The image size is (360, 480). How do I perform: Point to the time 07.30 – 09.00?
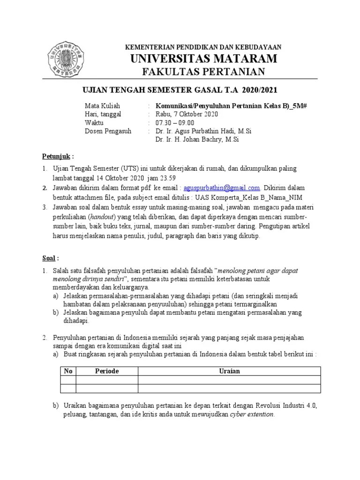(174, 122)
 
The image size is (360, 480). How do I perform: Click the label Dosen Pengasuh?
(108, 131)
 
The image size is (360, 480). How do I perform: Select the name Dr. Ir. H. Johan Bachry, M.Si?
(198, 139)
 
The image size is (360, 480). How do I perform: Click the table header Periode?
(107, 371)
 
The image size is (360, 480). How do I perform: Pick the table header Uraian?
(229, 371)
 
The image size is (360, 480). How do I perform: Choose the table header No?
(68, 371)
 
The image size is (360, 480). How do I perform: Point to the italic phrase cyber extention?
(252, 415)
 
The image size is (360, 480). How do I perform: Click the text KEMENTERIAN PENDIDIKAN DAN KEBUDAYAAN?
(202, 47)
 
